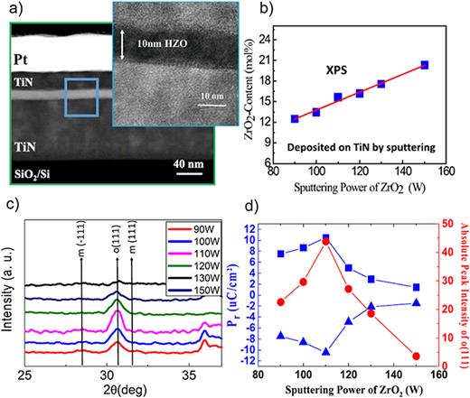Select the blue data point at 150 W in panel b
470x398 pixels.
click(x=424, y=65)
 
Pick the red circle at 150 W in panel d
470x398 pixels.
click(x=415, y=356)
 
